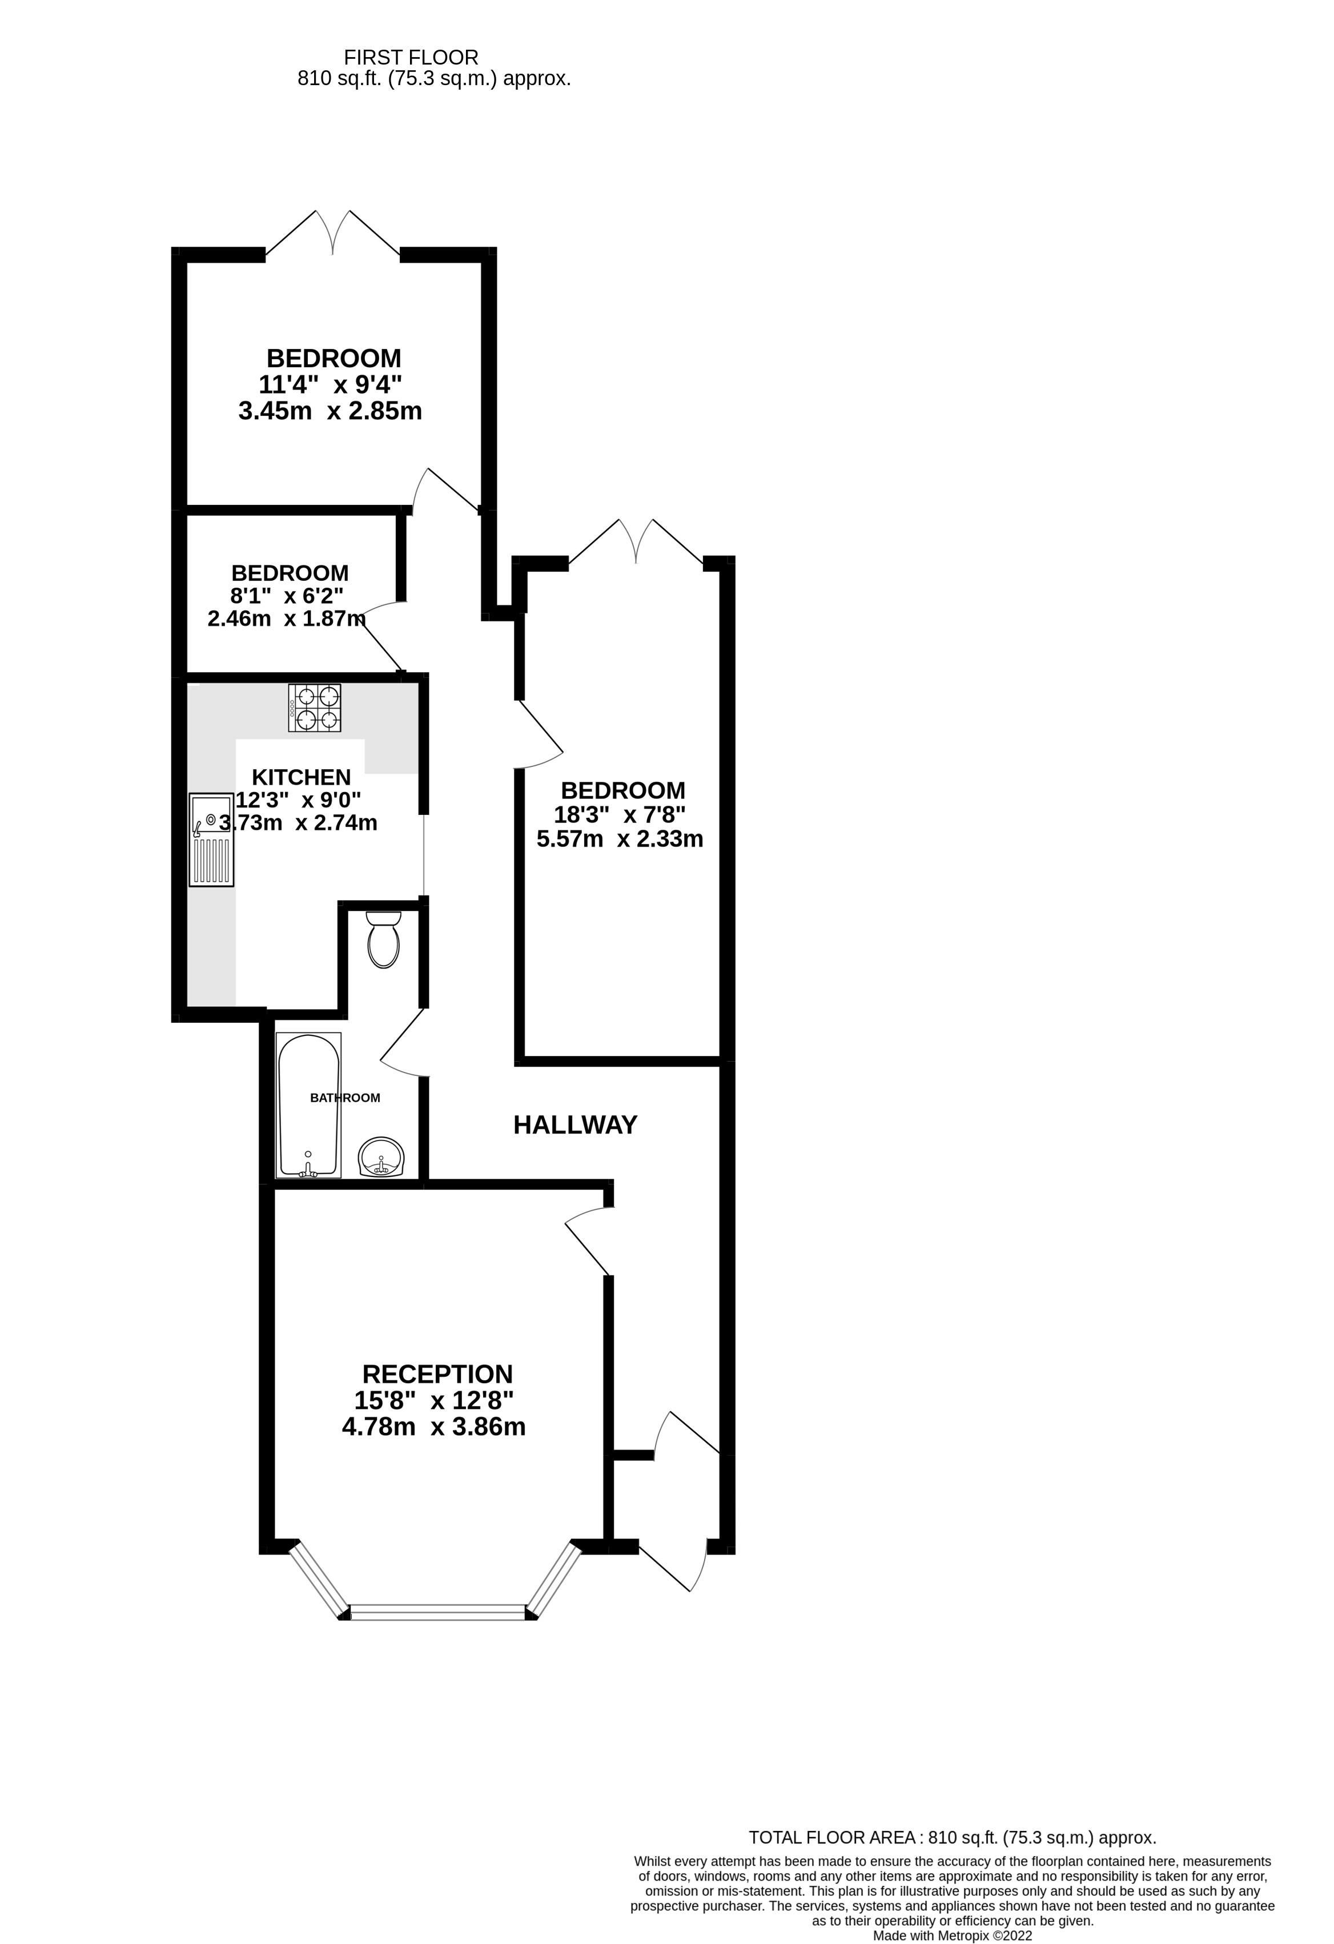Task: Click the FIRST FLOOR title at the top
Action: pyautogui.click(x=411, y=58)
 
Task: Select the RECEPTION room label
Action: pyautogui.click(x=437, y=1375)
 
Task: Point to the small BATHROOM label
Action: pyautogui.click(x=344, y=1098)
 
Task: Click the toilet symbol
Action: pyautogui.click(x=384, y=940)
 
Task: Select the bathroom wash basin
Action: pyautogui.click(x=381, y=1159)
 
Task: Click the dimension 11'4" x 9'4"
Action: pyautogui.click(x=331, y=385)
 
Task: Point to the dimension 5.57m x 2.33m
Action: pyautogui.click(x=620, y=839)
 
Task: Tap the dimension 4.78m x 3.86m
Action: pyautogui.click(x=433, y=1427)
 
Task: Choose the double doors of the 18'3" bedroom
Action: pyautogui.click(x=636, y=542)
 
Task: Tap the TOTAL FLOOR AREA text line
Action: pyautogui.click(x=952, y=1838)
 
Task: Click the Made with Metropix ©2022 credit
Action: pyautogui.click(x=952, y=1935)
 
